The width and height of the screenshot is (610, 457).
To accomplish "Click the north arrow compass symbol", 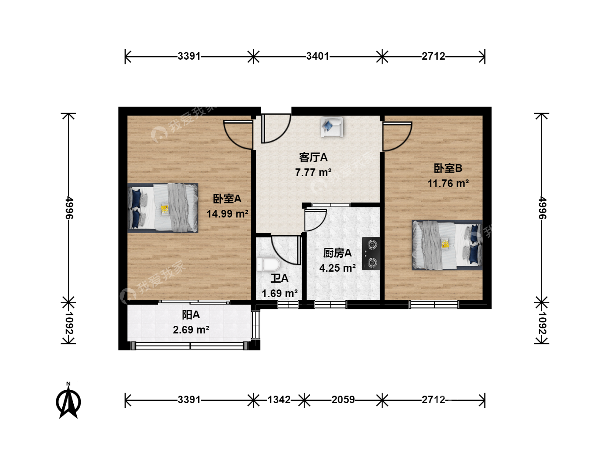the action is [x=68, y=401].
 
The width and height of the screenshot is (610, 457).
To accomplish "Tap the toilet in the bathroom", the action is [x=268, y=264].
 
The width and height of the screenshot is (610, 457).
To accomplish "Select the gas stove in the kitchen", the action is [x=371, y=253].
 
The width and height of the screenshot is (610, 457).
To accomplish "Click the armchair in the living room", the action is [x=332, y=127].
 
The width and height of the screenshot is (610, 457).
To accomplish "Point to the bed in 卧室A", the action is [x=163, y=207].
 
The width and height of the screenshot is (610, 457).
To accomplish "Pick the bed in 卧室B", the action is [x=447, y=245].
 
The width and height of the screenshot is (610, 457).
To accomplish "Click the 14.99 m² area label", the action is [x=227, y=214].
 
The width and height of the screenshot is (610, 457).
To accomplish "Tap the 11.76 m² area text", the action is [x=448, y=183].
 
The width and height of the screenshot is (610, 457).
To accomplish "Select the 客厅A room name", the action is [x=313, y=157].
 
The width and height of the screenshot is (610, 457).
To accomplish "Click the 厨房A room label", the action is [x=337, y=253].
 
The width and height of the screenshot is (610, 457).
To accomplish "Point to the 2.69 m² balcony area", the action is [x=191, y=330].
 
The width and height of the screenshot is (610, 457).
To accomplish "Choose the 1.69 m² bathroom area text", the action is [x=280, y=293].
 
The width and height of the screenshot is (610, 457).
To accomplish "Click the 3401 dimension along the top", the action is [x=318, y=56].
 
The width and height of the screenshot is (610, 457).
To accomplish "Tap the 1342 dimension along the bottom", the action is [x=279, y=400].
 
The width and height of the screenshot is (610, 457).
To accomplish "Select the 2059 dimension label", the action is [x=343, y=400].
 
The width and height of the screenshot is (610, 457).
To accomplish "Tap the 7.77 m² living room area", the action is [x=313, y=173].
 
